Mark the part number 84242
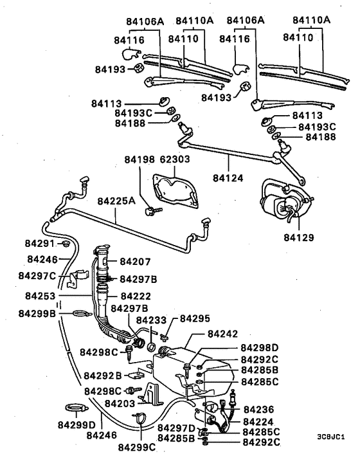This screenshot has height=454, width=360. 223,335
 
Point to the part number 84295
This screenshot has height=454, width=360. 195,318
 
